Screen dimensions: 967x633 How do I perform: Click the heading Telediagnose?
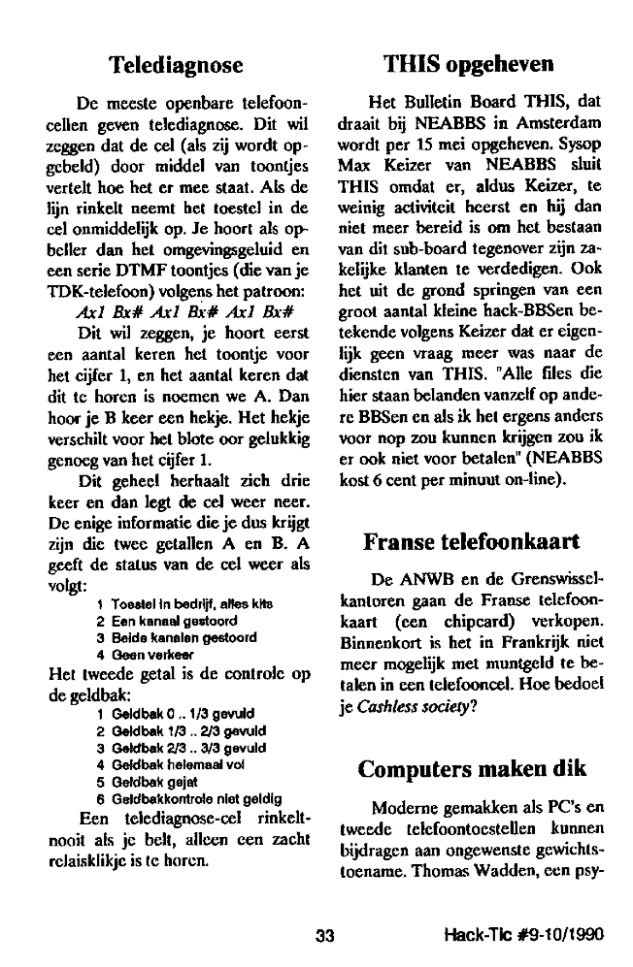pos(175,65)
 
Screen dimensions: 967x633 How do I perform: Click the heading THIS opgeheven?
pos(469,65)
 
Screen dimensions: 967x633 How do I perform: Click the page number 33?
pos(325,936)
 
